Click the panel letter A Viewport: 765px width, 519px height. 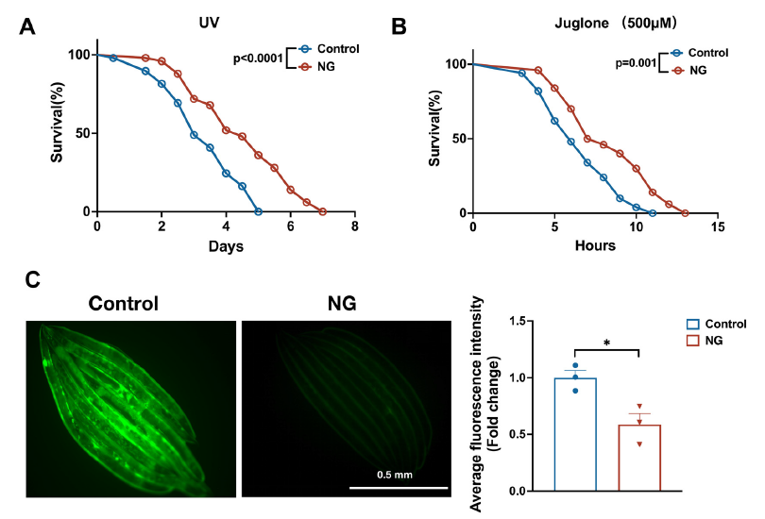(x=29, y=27)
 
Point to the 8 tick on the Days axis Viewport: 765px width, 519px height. (x=354, y=227)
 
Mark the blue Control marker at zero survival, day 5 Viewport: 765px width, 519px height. (x=258, y=211)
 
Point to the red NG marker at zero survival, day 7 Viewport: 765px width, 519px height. (x=323, y=211)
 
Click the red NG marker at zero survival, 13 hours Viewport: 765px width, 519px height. (x=685, y=212)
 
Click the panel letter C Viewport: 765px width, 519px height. (x=30, y=280)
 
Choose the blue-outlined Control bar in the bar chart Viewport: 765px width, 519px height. (x=575, y=434)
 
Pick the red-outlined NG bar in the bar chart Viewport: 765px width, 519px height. (x=639, y=458)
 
